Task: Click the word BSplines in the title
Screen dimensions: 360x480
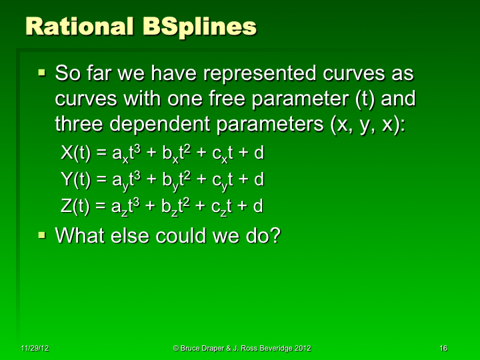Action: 199,27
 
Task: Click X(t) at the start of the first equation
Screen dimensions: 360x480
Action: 75,153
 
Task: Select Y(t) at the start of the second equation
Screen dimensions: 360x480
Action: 75,179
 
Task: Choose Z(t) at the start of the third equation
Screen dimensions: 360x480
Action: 75,206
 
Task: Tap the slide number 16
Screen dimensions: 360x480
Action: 443,349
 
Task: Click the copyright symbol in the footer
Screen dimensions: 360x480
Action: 175,349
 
